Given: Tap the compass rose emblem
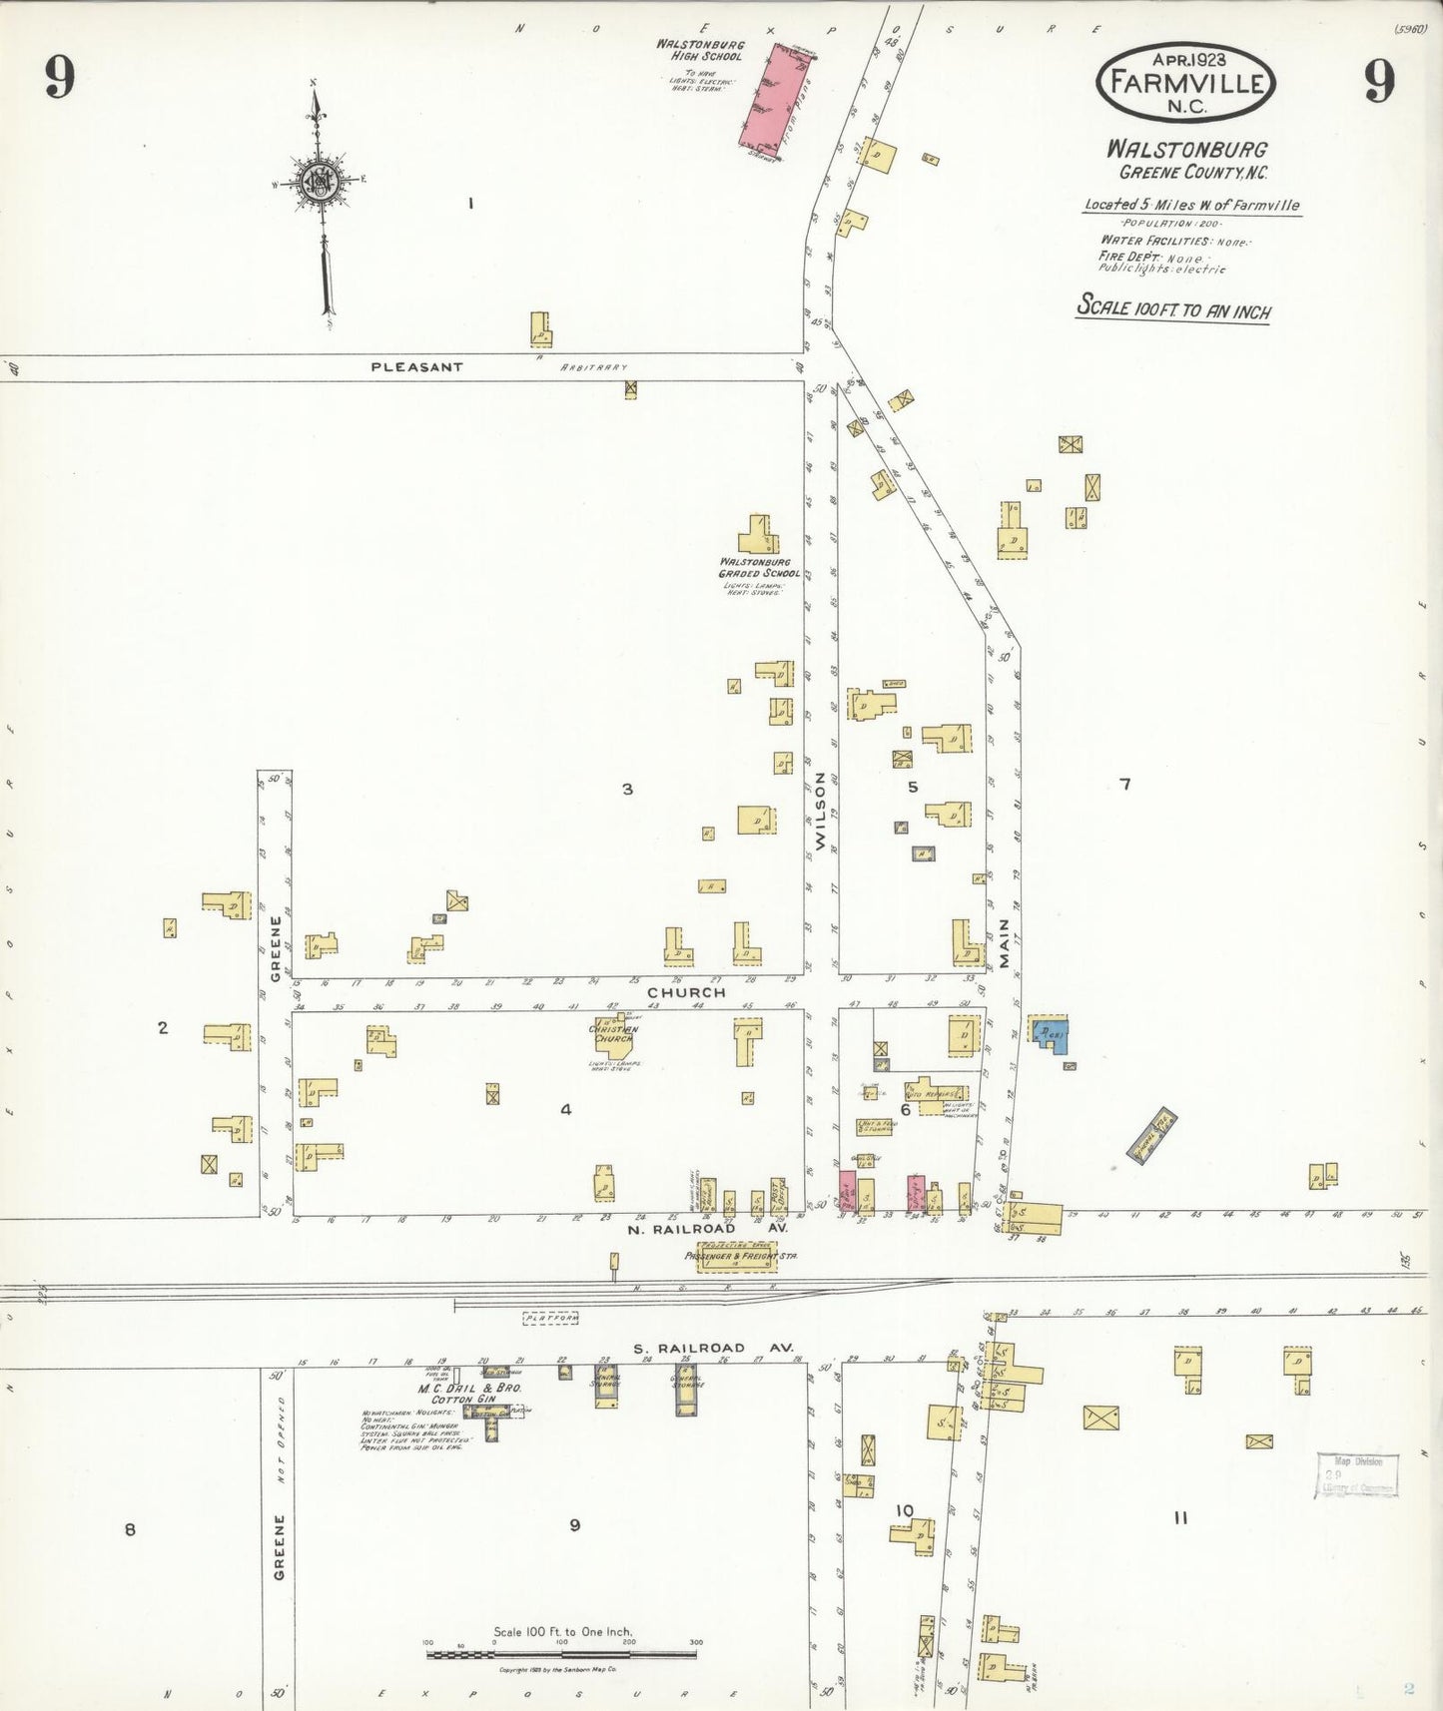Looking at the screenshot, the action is (x=321, y=183).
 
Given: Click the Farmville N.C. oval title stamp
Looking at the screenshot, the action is (x=1185, y=83).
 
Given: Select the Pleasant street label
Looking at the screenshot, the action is (x=416, y=367).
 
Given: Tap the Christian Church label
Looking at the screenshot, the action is (x=613, y=1034).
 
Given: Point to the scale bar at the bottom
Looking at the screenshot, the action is (x=563, y=1654).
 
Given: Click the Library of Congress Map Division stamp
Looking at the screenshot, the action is (x=1356, y=1475).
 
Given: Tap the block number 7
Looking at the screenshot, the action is (x=1125, y=785).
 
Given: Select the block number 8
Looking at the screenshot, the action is (x=130, y=1529).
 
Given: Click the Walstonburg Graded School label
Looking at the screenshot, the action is (x=759, y=568).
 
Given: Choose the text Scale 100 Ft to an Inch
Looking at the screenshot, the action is (x=1173, y=307).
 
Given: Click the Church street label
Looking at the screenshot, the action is (x=686, y=993).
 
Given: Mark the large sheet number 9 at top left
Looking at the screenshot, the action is (x=60, y=77).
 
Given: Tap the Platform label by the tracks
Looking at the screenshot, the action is (x=551, y=1318).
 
